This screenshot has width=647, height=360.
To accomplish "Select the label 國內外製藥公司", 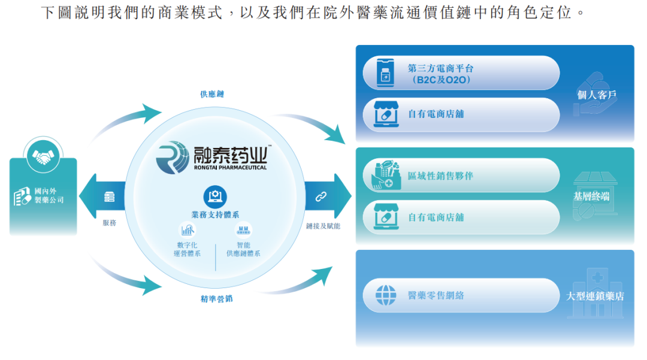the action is click(49, 196).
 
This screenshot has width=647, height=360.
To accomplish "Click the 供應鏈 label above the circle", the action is click(212, 94).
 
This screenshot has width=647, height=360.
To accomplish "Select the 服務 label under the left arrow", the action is click(109, 223).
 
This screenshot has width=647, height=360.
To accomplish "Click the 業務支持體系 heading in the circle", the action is click(215, 214).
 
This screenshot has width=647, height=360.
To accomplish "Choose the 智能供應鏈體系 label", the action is click(243, 249).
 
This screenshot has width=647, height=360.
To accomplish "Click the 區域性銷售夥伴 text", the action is click(440, 176).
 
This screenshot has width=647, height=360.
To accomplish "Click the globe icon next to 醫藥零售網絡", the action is click(386, 295).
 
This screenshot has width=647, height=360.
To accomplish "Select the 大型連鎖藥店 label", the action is click(595, 296).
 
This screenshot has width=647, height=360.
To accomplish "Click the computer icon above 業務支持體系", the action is click(215, 195).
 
